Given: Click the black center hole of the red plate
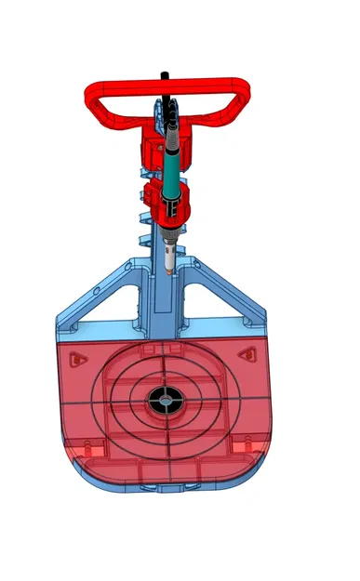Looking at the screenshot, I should coord(164,402).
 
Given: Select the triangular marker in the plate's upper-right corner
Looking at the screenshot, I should coord(247,353).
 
